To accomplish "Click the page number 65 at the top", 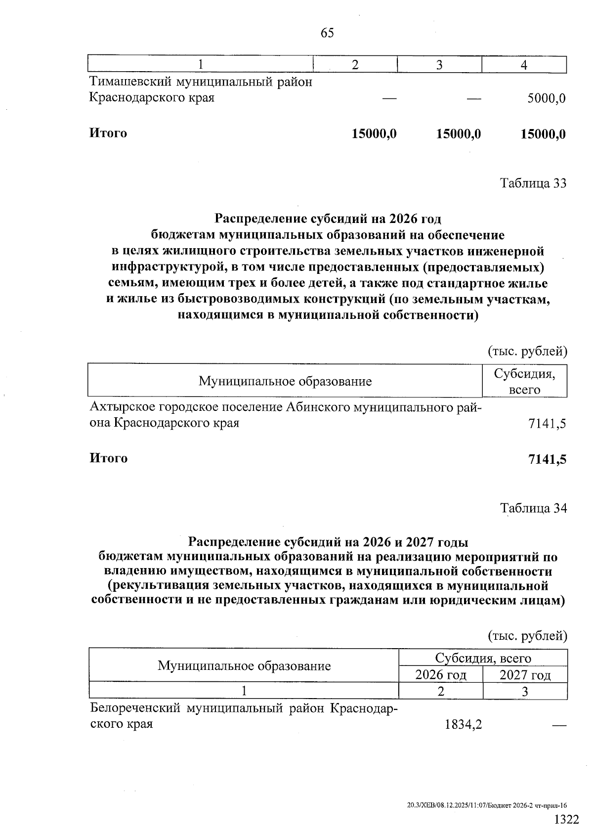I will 327,33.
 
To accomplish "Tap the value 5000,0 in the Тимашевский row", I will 546,98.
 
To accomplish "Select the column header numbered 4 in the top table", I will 524,65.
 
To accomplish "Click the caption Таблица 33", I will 533,183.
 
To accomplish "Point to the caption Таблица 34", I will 533,508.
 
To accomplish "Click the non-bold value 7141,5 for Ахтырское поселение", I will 547,424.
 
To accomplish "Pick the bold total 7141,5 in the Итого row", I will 547,459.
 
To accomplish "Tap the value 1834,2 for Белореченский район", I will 463,724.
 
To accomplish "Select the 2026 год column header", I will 441,675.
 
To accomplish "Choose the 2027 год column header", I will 525,675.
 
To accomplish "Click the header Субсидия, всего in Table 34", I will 483,658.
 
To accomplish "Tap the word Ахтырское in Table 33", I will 121,407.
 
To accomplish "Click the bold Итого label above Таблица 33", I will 108,133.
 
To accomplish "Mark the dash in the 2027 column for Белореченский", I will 558,725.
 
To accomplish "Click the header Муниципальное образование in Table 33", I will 285,381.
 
